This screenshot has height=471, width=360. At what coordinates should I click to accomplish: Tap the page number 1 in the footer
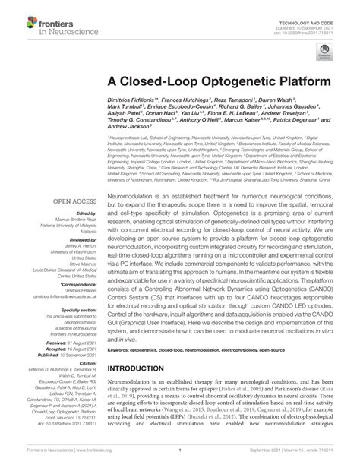[179, 460]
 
